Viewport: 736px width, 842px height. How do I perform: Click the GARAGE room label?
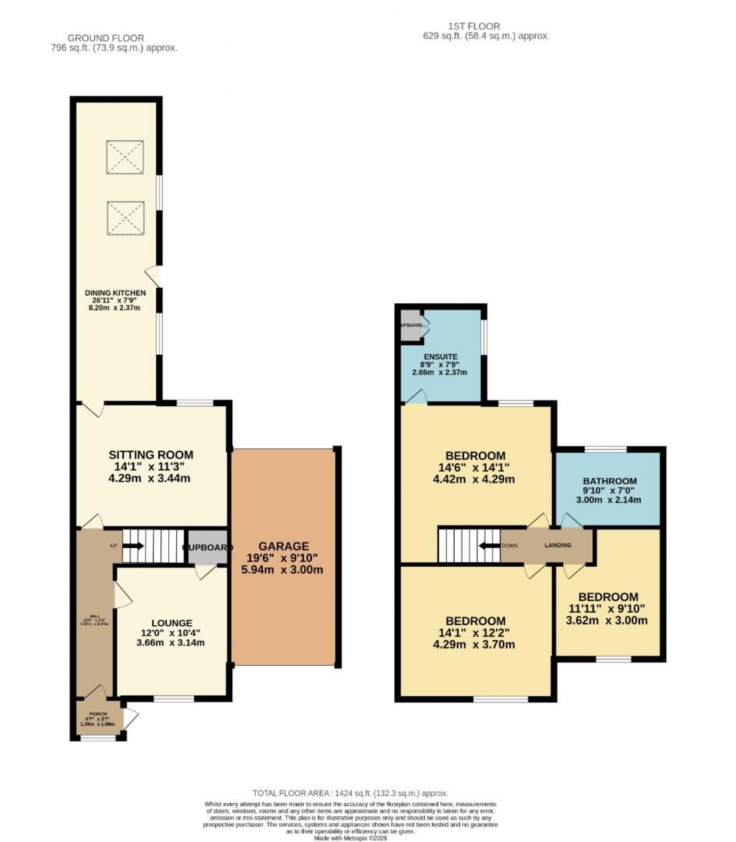click(283, 546)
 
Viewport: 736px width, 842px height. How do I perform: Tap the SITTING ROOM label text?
click(151, 455)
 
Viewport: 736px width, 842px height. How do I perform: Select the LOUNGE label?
click(172, 623)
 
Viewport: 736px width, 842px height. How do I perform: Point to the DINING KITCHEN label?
click(115, 293)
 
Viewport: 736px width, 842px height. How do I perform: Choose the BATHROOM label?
click(609, 481)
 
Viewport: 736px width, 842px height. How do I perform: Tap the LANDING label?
click(558, 545)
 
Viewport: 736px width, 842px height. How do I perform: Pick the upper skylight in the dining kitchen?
click(125, 157)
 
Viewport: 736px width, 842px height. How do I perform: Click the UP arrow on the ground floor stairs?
click(134, 546)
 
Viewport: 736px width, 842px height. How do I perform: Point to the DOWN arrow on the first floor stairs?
click(489, 546)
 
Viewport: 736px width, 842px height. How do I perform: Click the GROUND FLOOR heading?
click(106, 38)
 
